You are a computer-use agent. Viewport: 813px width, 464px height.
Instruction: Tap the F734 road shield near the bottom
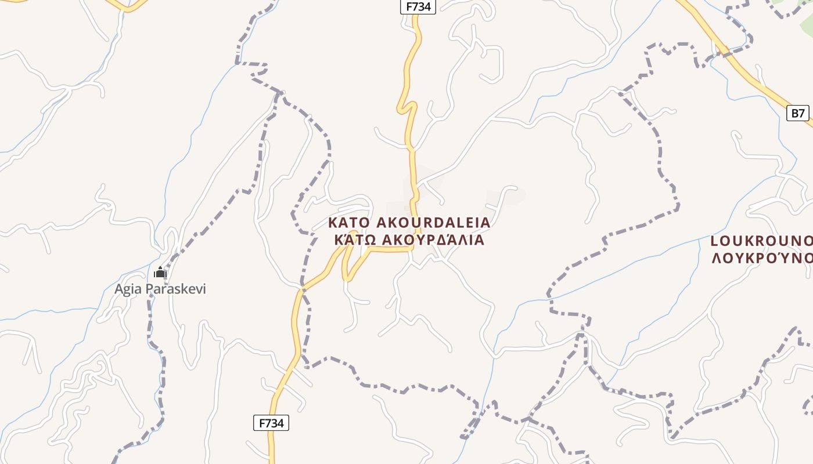[271, 423]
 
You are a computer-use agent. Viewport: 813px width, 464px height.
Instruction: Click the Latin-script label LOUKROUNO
[761, 241]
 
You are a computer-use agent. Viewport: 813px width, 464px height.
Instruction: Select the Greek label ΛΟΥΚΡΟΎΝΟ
[761, 257]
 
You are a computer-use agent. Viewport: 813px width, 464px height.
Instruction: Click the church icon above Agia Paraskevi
[160, 272]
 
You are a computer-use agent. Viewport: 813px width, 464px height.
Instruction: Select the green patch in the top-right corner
[796, 9]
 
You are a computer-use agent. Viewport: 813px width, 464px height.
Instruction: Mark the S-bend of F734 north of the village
[408, 107]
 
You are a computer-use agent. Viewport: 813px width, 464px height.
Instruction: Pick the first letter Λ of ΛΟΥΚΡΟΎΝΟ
[716, 257]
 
